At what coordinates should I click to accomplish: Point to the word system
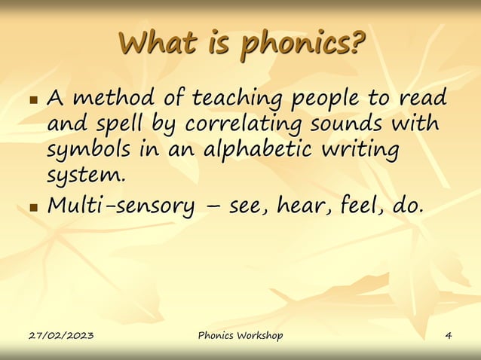(x=82, y=175)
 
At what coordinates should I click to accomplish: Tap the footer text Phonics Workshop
(x=240, y=335)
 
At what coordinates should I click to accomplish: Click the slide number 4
(x=449, y=335)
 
